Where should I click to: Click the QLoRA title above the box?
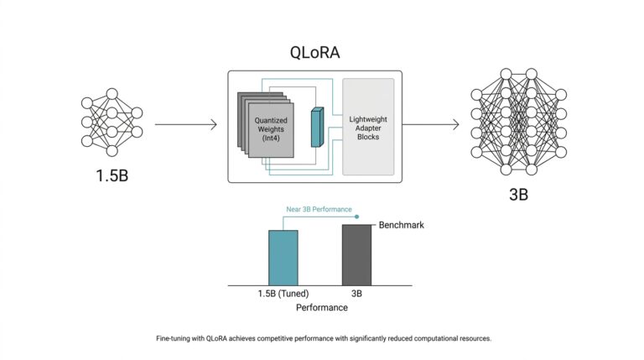(x=314, y=51)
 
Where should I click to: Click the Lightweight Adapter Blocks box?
(x=368, y=127)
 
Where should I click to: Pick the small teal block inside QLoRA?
(x=316, y=127)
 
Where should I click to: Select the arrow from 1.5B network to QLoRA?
(x=185, y=125)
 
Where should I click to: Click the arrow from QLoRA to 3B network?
(x=432, y=125)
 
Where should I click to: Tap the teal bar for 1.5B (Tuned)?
(x=283, y=258)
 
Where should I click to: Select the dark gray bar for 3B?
(x=356, y=255)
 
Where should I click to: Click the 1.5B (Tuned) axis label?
(x=283, y=294)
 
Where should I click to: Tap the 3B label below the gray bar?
(x=356, y=294)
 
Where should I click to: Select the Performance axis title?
(x=321, y=308)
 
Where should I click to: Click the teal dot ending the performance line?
(x=357, y=216)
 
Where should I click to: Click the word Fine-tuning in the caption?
(x=175, y=338)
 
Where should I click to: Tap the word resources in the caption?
(x=473, y=338)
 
